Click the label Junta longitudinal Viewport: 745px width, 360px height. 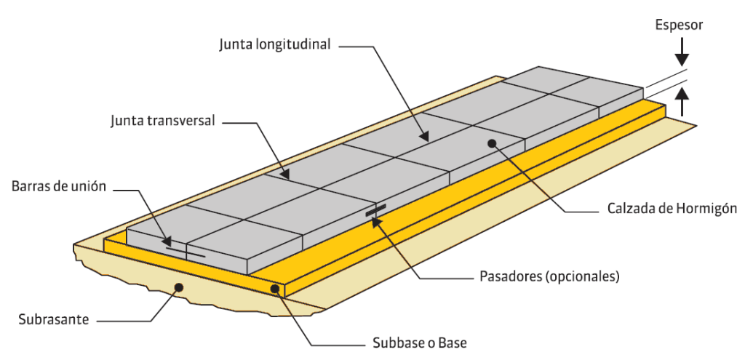[x=274, y=44]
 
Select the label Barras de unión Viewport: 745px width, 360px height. [x=59, y=186]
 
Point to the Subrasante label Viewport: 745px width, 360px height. [x=53, y=319]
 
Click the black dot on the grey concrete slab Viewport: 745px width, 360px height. [x=493, y=143]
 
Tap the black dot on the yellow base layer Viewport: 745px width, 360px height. [x=275, y=289]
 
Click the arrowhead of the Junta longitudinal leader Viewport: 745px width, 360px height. [x=423, y=136]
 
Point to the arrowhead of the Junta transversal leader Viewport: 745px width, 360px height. [x=286, y=175]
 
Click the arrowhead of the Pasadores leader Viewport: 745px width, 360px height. [x=376, y=222]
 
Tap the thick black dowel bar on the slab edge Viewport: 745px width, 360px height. [x=375, y=211]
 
